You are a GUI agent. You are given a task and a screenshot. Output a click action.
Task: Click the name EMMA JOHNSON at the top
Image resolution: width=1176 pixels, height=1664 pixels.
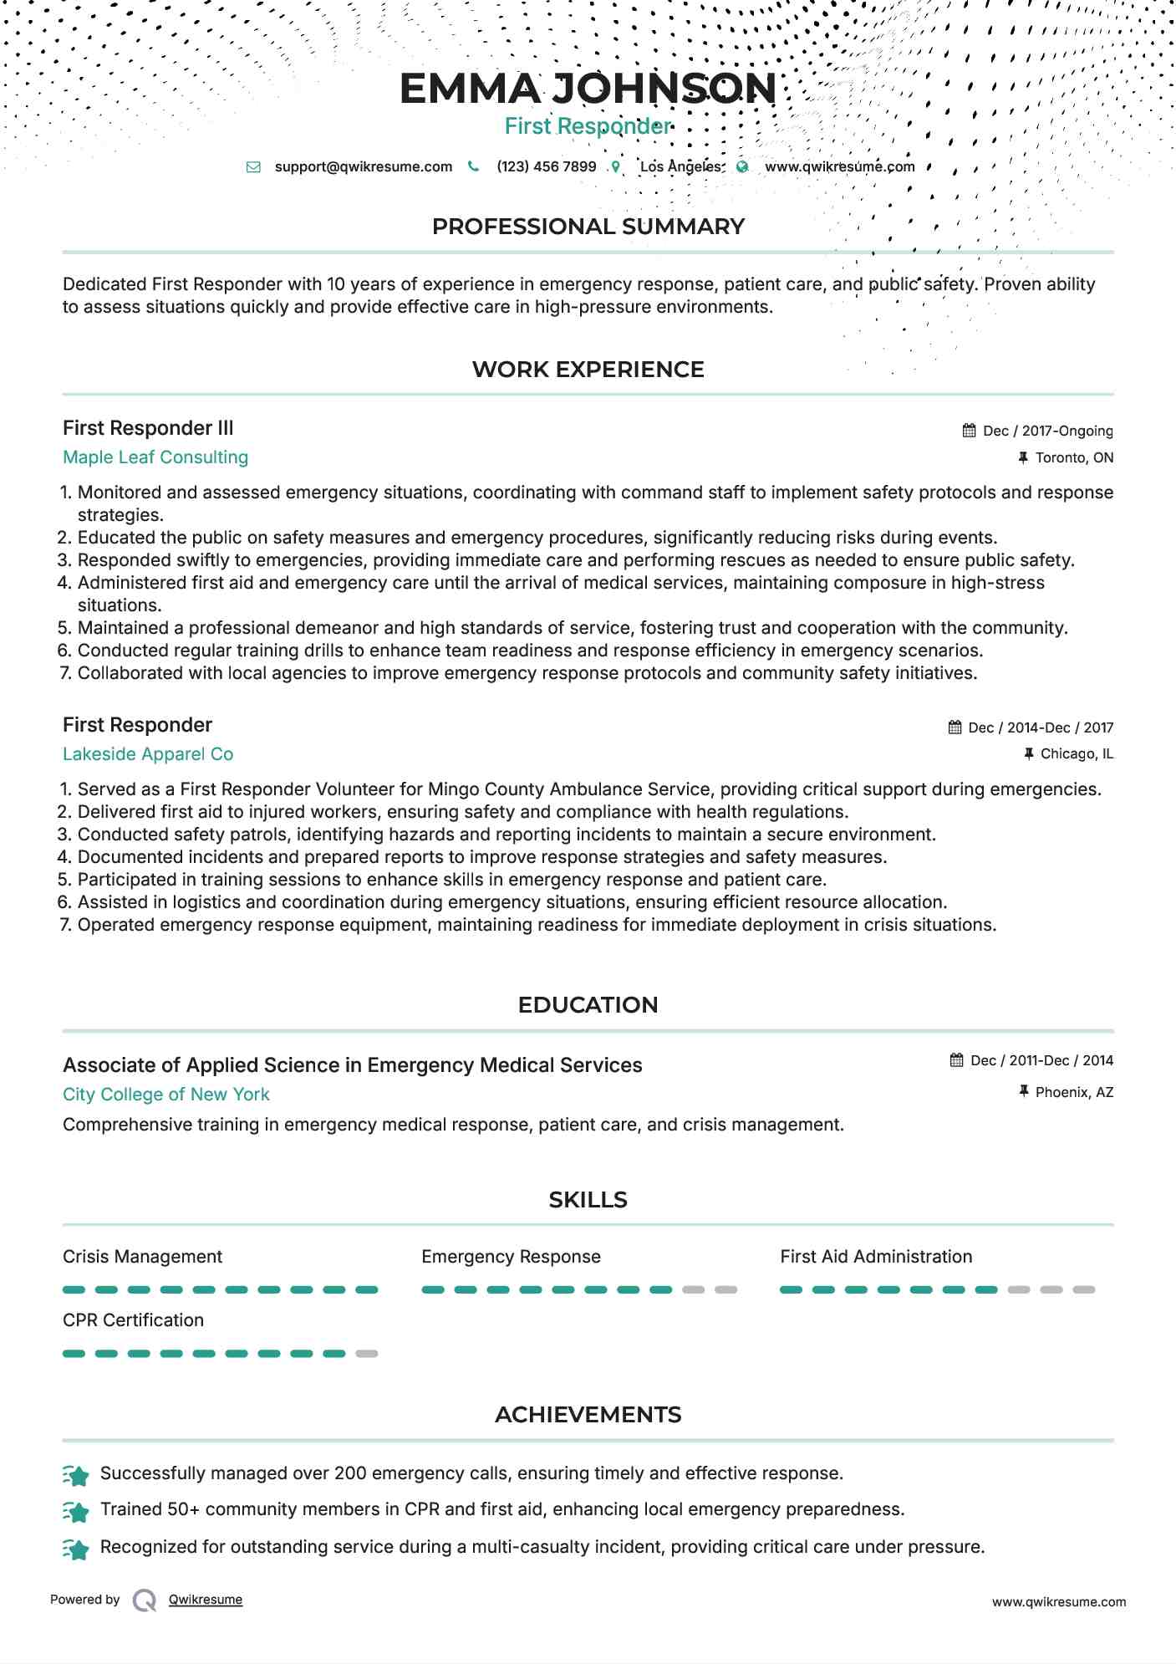[588, 89]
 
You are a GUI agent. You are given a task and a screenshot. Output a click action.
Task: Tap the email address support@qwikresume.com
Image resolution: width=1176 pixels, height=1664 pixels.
[363, 166]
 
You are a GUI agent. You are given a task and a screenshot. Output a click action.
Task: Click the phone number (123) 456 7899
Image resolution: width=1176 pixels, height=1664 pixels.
[546, 166]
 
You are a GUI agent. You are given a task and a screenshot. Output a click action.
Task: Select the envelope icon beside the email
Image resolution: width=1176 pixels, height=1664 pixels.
[253, 167]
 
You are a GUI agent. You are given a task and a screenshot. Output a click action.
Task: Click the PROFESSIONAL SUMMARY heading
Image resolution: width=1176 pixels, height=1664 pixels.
[588, 227]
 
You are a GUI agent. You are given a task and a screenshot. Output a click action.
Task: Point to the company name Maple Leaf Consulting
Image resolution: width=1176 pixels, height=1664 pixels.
[155, 457]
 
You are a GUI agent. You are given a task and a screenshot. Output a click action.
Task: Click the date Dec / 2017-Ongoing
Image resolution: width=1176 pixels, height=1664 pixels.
[1047, 431]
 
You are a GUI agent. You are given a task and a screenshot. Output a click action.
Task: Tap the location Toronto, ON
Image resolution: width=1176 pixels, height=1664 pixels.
[1073, 457]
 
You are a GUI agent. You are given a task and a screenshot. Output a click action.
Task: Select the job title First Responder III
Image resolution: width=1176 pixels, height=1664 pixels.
[148, 428]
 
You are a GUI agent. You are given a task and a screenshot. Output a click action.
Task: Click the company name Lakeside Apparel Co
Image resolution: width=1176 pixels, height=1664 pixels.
[148, 754]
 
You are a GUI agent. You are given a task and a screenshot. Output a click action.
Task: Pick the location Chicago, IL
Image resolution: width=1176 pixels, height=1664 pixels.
[1076, 753]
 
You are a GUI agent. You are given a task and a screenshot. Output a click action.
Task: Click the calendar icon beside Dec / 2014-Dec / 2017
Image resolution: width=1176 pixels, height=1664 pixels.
[955, 727]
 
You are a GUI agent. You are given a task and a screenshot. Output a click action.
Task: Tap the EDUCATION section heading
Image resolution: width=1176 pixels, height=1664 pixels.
[588, 1005]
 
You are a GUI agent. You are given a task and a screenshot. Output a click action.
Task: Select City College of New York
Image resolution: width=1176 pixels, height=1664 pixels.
[166, 1095]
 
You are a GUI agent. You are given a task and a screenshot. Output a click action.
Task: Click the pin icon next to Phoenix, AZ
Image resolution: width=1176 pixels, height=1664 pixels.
[1023, 1091]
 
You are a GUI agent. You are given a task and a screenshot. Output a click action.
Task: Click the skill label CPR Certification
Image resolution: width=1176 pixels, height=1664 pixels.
[133, 1320]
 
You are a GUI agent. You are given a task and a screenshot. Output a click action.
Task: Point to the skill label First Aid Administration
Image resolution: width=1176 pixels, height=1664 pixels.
[876, 1257]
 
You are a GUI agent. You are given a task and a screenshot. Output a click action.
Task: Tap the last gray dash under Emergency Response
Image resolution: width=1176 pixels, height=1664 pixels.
[725, 1289]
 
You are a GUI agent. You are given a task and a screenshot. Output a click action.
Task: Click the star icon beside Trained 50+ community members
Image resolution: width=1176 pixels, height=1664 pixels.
[76, 1511]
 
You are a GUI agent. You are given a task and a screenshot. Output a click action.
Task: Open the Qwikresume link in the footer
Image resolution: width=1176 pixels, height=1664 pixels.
[205, 1600]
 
